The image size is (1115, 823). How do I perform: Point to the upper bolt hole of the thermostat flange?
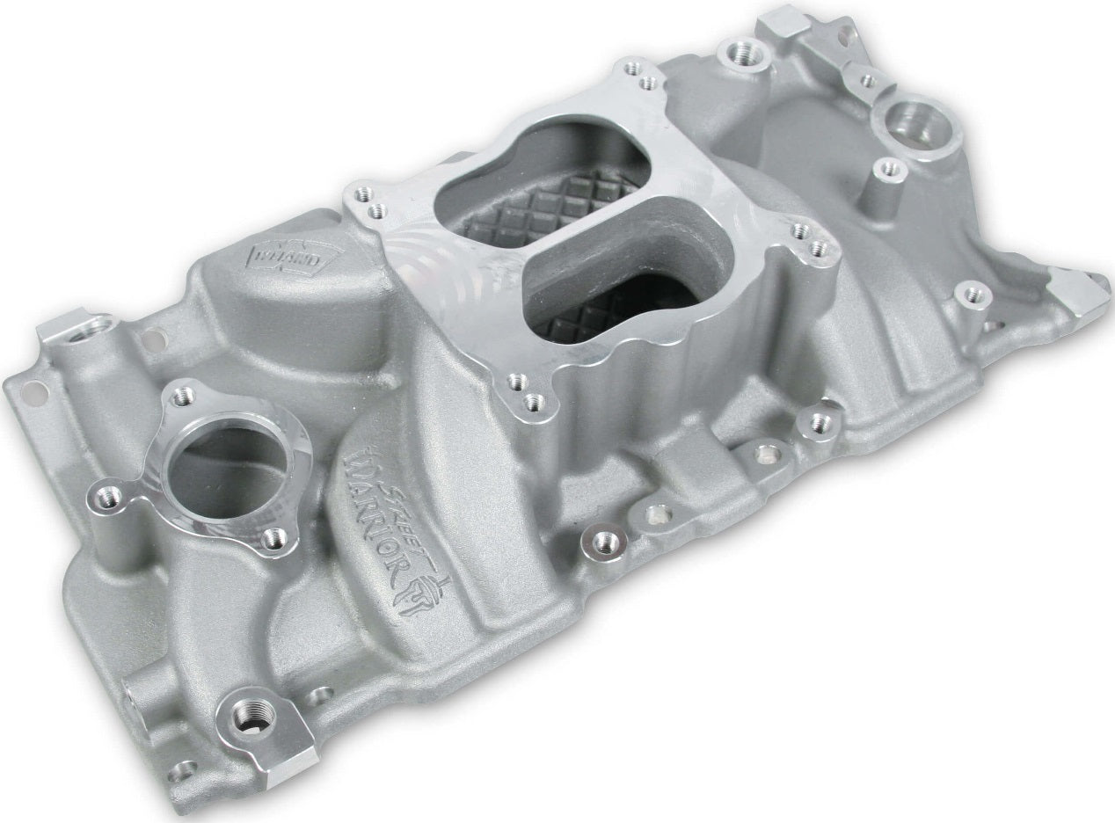click(181, 397)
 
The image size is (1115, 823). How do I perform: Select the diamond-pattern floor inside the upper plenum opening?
click(563, 198)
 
